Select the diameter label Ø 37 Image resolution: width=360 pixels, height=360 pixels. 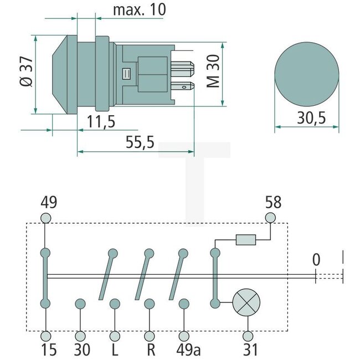tap(25, 73)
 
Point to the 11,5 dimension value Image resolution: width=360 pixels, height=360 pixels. tap(101, 121)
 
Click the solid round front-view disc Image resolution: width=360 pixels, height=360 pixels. tap(306, 72)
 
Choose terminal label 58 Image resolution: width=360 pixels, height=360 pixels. tap(273, 201)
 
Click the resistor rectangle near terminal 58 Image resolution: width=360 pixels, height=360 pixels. tap(245, 240)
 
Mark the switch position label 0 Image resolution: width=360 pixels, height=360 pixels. tap(316, 259)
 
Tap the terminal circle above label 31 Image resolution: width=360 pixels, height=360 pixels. tap(248, 336)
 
